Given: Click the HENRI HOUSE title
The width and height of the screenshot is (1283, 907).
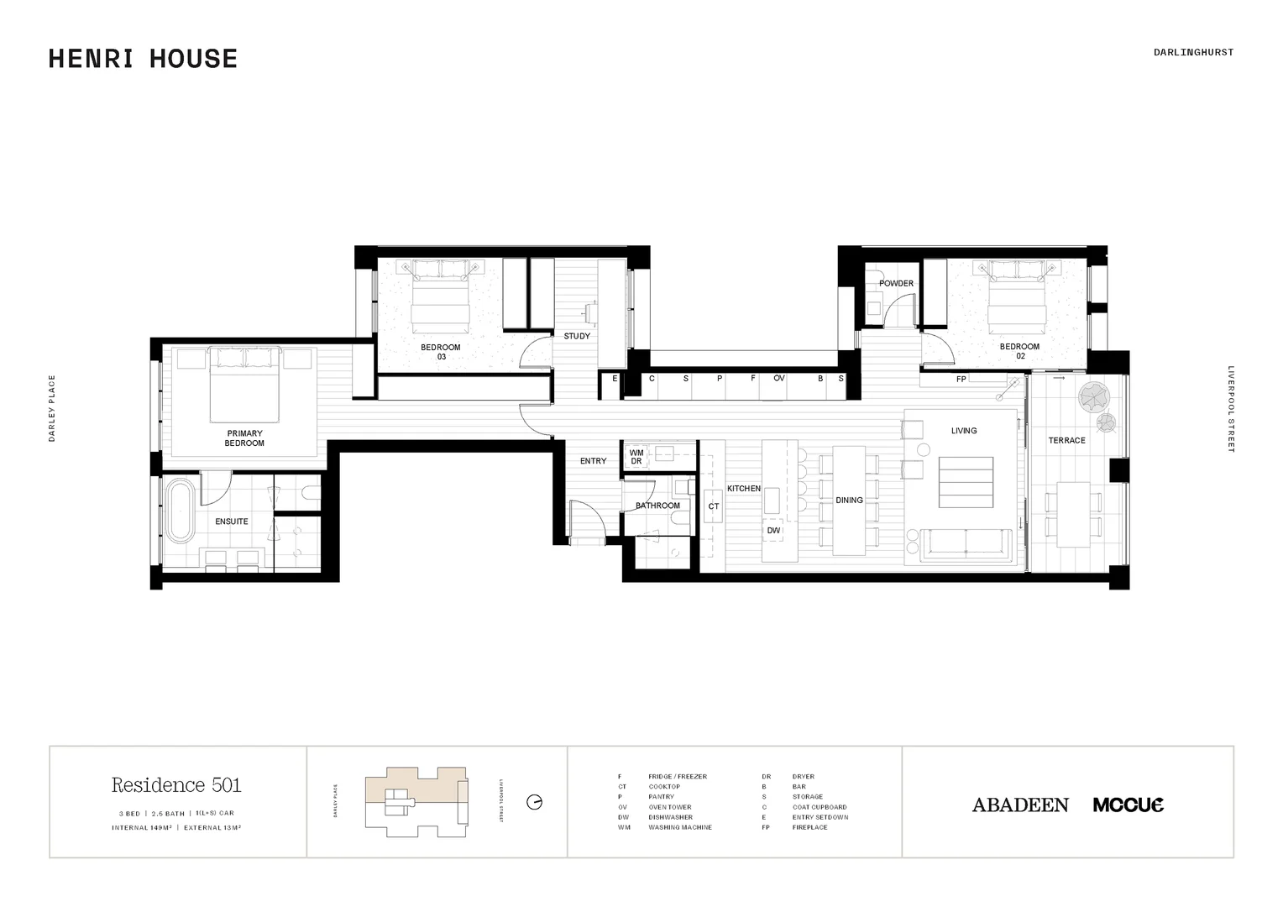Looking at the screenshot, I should click(143, 59).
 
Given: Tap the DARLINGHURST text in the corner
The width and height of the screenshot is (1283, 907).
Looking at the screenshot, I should click(1193, 52).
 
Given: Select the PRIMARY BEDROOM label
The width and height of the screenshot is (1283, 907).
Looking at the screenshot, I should click(244, 438).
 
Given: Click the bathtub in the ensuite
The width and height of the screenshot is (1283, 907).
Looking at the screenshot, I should click(179, 511).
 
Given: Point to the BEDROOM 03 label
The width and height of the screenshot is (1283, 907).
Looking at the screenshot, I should click(441, 352).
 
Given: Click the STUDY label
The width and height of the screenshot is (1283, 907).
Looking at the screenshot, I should click(577, 336).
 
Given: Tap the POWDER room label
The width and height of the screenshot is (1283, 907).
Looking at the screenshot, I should click(896, 284).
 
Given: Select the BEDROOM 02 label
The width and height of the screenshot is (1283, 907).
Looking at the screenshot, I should click(1019, 351).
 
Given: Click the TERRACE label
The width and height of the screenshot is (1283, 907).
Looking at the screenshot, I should click(1066, 440).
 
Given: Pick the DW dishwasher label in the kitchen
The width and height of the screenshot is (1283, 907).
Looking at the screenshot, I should click(773, 531).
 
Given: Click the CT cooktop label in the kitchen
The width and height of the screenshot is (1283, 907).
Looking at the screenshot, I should click(714, 506).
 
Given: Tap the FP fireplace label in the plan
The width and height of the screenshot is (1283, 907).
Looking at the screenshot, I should click(961, 380).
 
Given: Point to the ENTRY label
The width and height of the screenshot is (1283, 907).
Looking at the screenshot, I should click(593, 461).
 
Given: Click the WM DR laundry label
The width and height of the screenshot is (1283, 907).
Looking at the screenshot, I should click(636, 457).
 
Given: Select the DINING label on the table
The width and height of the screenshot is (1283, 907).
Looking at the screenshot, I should click(849, 501).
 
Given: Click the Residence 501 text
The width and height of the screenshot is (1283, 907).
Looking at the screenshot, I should click(176, 785).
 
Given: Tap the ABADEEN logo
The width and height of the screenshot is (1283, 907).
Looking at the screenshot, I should click(1020, 805).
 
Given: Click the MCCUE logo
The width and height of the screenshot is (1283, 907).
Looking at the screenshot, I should click(1129, 805).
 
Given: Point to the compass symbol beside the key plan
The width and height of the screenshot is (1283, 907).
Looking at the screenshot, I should click(534, 802).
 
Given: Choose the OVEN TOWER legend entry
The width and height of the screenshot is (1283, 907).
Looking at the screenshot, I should click(669, 807).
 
